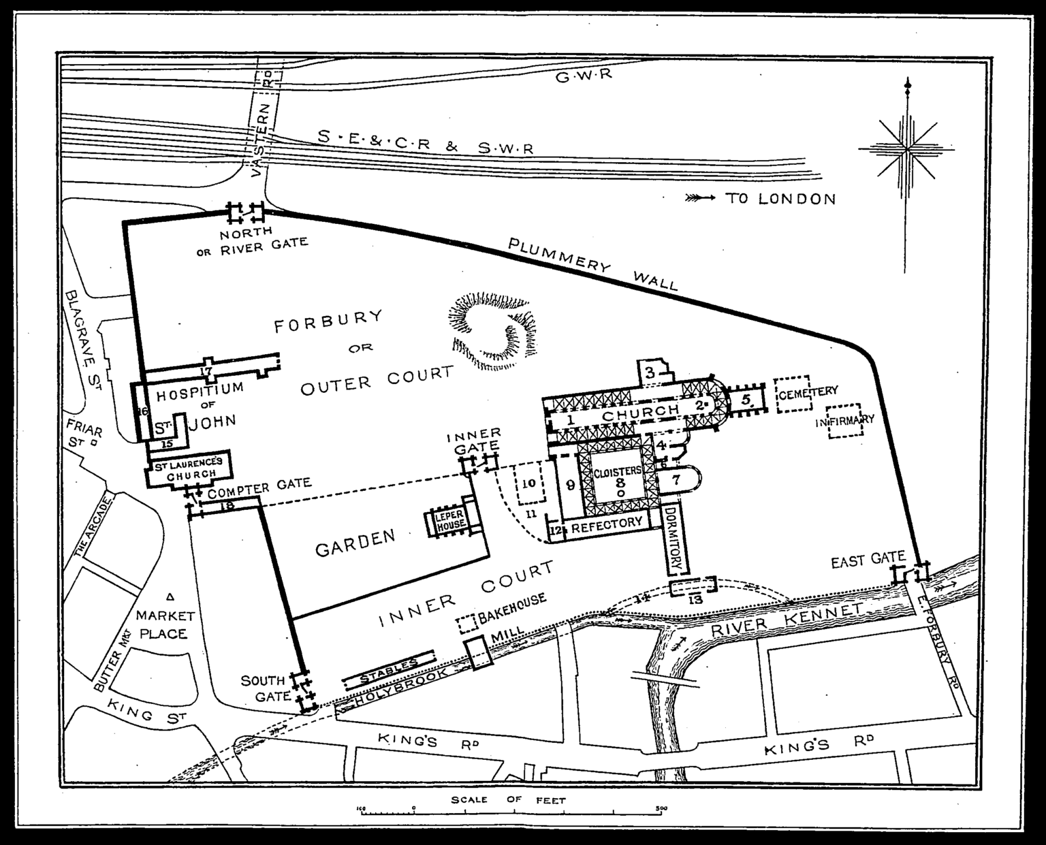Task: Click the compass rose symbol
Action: pyautogui.click(x=906, y=148)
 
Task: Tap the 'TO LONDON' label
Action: pyautogui.click(x=780, y=199)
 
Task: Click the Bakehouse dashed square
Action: pyautogui.click(x=466, y=623)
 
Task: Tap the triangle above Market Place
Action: pyautogui.click(x=170, y=598)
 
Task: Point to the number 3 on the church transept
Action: pyautogui.click(x=650, y=372)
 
